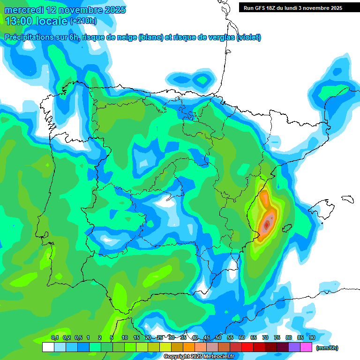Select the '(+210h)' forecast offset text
pyautogui.click(x=83, y=21)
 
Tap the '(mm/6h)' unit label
pyautogui.click(x=327, y=348)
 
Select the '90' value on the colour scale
pyautogui.click(x=312, y=337)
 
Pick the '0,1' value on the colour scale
pyautogui.click(x=55, y=337)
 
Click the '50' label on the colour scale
pyautogui.click(x=218, y=337)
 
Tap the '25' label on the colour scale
pyautogui.click(x=160, y=337)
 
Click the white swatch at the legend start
pyautogui.click(x=48, y=347)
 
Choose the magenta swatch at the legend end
pyautogui.click(x=306, y=347)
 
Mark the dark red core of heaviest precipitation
pyautogui.click(x=267, y=225)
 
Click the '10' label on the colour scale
pyautogui.click(x=125, y=337)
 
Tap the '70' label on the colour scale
pyautogui.click(x=265, y=337)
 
